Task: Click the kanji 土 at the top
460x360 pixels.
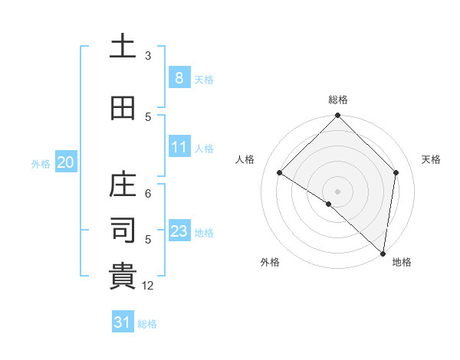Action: pos(123,47)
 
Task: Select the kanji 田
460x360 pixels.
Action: pos(123,109)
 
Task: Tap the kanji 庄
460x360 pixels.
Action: pos(123,185)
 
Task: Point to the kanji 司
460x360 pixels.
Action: pos(123,231)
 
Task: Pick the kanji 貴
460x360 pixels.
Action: pos(123,277)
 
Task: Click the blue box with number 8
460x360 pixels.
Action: pos(179,78)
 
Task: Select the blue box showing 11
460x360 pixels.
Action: pos(179,147)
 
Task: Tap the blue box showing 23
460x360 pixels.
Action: pos(179,231)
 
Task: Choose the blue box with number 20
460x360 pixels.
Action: pos(66,162)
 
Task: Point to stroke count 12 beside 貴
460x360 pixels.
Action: pos(149,286)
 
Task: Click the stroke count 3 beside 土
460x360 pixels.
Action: pos(148,56)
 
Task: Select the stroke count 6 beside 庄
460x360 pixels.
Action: pos(148,194)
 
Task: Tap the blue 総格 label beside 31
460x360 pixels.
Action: pos(147,324)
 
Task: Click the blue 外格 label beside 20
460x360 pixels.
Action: pos(41,163)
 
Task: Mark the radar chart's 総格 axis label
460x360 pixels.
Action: pos(338,100)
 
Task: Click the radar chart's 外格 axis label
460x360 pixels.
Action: pos(269,262)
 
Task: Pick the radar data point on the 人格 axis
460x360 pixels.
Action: pos(280,173)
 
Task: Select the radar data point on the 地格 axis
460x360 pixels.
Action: pos(383,253)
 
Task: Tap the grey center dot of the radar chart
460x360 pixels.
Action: pos(338,191)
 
